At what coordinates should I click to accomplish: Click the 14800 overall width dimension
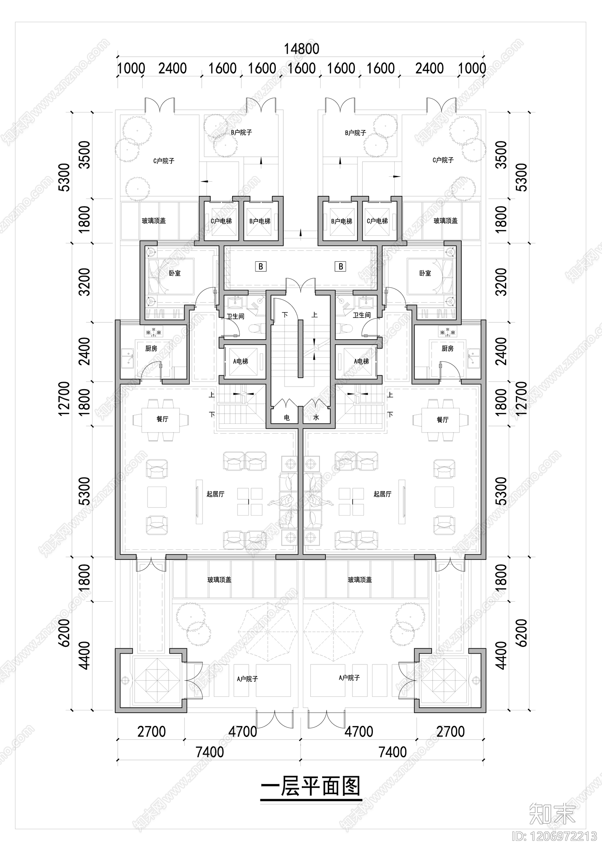[x=301, y=49]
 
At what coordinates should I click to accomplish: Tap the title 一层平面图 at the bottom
[x=311, y=787]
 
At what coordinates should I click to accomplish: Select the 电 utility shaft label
[x=287, y=417]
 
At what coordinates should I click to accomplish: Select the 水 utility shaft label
[x=316, y=417]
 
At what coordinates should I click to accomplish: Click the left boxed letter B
[x=261, y=267]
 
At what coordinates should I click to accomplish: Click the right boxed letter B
[x=341, y=267]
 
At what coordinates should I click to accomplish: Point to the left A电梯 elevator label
[x=240, y=361]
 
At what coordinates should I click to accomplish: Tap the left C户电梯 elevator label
[x=221, y=221]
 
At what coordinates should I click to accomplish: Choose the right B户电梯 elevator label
[x=342, y=221]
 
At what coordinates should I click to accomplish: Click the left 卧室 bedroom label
[x=175, y=273]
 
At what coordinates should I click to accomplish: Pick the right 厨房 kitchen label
[x=447, y=349]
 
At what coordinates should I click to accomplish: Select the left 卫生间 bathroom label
[x=236, y=316]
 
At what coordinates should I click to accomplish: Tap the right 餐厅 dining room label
[x=442, y=419]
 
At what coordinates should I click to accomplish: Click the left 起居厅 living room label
[x=215, y=494]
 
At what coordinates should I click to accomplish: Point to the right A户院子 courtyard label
[x=349, y=678]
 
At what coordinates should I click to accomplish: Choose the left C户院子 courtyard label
[x=164, y=161]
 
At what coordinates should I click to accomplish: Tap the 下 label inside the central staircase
[x=285, y=314]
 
